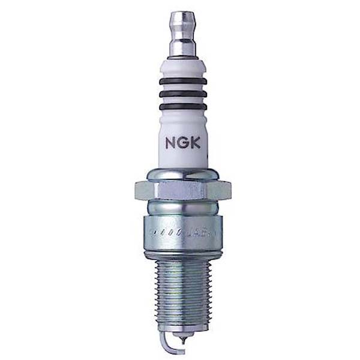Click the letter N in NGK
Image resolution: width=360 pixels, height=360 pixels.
click(x=170, y=143)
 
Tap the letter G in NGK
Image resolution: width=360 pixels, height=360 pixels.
click(x=182, y=143)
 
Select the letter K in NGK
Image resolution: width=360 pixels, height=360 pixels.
click(x=194, y=143)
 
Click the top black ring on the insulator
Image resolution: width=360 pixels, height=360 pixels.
click(x=182, y=80)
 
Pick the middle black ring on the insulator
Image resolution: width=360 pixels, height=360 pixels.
click(x=182, y=94)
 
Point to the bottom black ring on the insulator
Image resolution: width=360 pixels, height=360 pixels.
click(x=182, y=107)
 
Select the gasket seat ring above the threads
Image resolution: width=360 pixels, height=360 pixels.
click(x=182, y=251)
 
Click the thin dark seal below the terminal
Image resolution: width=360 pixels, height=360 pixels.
click(x=182, y=58)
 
